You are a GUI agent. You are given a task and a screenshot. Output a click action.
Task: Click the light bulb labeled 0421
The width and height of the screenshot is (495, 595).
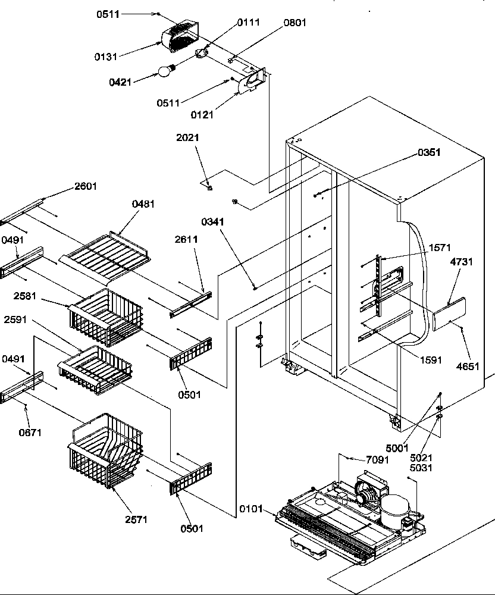[165, 71]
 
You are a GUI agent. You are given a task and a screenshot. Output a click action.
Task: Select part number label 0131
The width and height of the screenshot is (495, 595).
[105, 57]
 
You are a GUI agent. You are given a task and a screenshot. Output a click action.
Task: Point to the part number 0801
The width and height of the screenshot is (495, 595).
[296, 23]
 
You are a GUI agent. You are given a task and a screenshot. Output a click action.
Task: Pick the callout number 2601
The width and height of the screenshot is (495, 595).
[86, 186]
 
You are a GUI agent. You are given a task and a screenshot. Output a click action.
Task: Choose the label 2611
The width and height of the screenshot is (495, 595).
[186, 239]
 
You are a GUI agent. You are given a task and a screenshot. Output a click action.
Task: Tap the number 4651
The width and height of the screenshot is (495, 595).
[467, 367]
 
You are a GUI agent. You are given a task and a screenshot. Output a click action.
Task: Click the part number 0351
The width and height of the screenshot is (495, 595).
[428, 152]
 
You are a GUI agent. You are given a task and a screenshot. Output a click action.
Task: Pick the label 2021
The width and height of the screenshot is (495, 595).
[187, 137]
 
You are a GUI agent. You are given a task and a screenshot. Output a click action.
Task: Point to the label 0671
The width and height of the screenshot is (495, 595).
[30, 433]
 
